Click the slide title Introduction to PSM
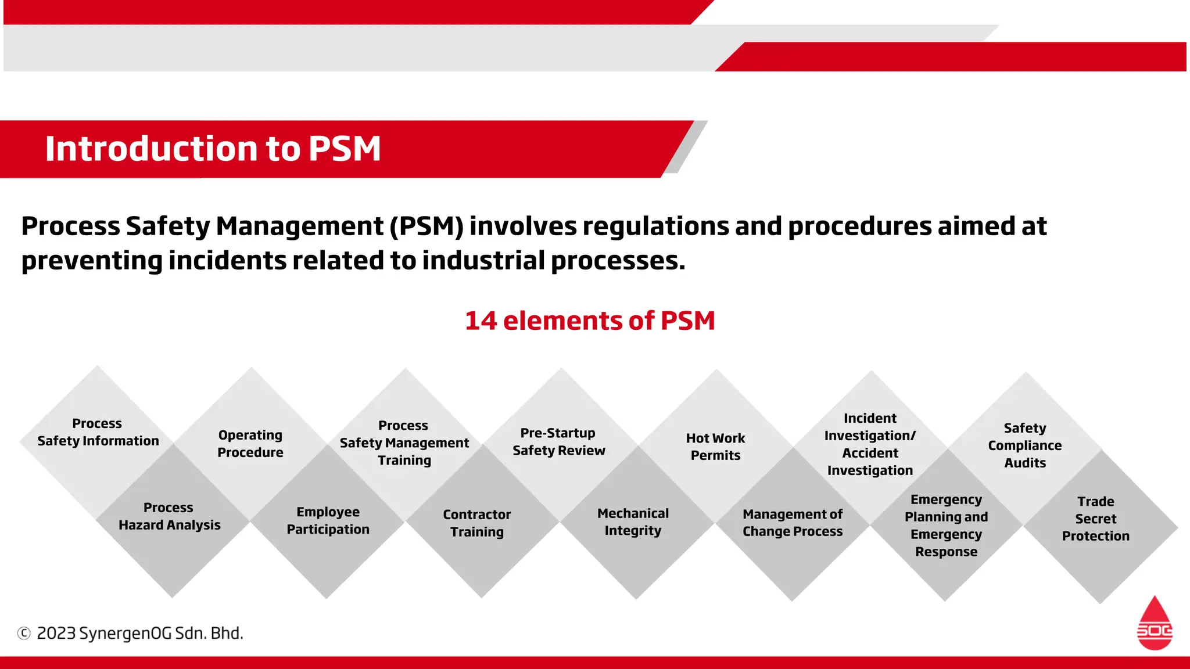(x=213, y=149)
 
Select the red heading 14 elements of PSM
(x=590, y=321)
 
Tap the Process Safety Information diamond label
(x=98, y=432)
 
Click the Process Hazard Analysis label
(x=169, y=516)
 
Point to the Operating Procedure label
(x=250, y=444)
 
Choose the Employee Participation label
(x=328, y=520)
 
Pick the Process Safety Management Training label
(x=404, y=443)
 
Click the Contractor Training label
(x=477, y=523)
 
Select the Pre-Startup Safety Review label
(x=558, y=441)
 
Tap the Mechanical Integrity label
(x=633, y=521)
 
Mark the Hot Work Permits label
(x=715, y=447)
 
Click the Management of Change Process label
(x=793, y=523)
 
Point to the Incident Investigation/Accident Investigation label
(x=870, y=444)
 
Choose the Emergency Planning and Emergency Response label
(x=946, y=526)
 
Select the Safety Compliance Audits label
(x=1025, y=445)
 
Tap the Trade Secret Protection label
(x=1096, y=519)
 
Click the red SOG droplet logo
(x=1155, y=624)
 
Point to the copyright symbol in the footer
(x=24, y=633)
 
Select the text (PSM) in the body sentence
(x=426, y=226)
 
